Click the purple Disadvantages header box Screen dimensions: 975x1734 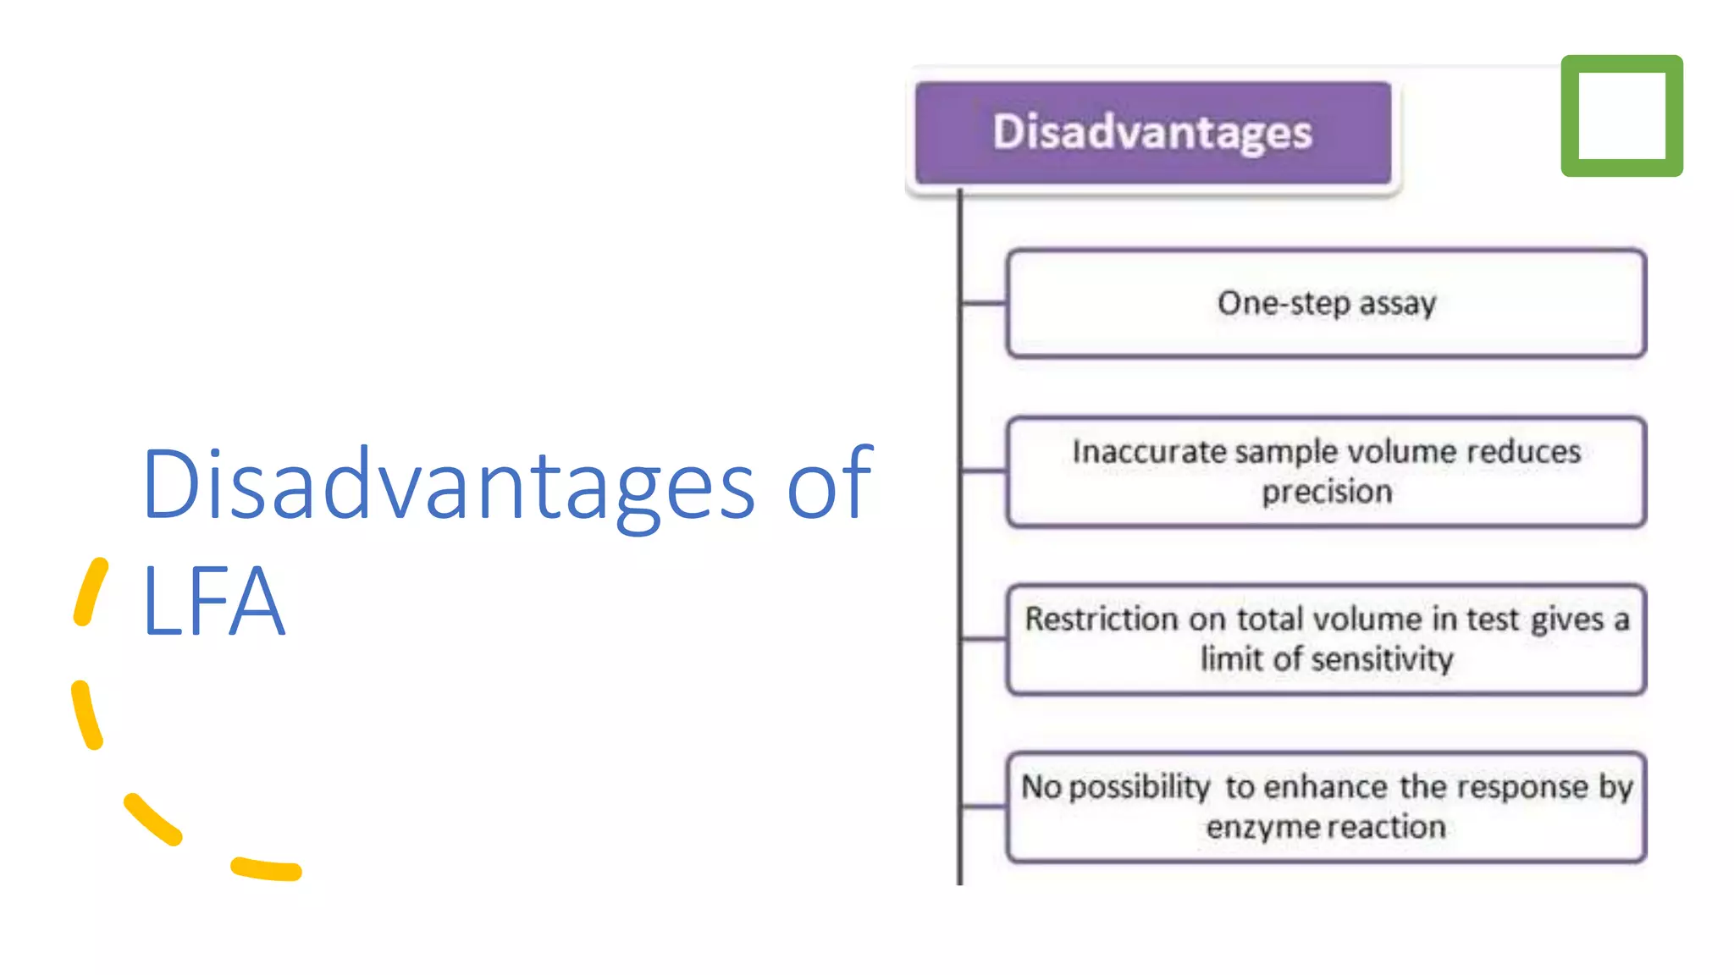tap(1152, 133)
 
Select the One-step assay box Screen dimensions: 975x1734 tap(1326, 303)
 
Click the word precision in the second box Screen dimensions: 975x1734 tap(1327, 493)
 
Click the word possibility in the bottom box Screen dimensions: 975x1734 tap(1139, 788)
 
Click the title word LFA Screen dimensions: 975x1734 tap(213, 602)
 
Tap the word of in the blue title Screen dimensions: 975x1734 tap(828, 485)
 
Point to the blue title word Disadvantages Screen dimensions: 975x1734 tap(449, 485)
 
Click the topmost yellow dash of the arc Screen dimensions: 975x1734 tap(91, 592)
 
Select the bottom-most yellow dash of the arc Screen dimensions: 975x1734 tap(267, 869)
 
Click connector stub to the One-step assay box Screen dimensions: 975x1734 tap(984, 302)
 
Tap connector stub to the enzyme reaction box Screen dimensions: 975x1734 tap(984, 807)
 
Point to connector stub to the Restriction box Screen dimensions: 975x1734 tap(984, 639)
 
